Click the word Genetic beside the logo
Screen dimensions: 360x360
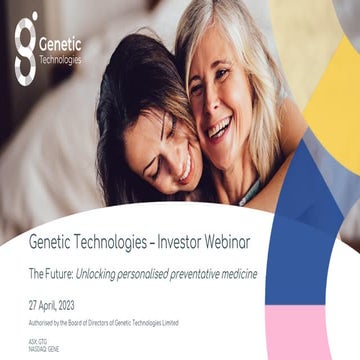tap(61, 43)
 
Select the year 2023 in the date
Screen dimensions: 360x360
tap(87, 304)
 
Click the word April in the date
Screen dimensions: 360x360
tap(57, 304)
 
